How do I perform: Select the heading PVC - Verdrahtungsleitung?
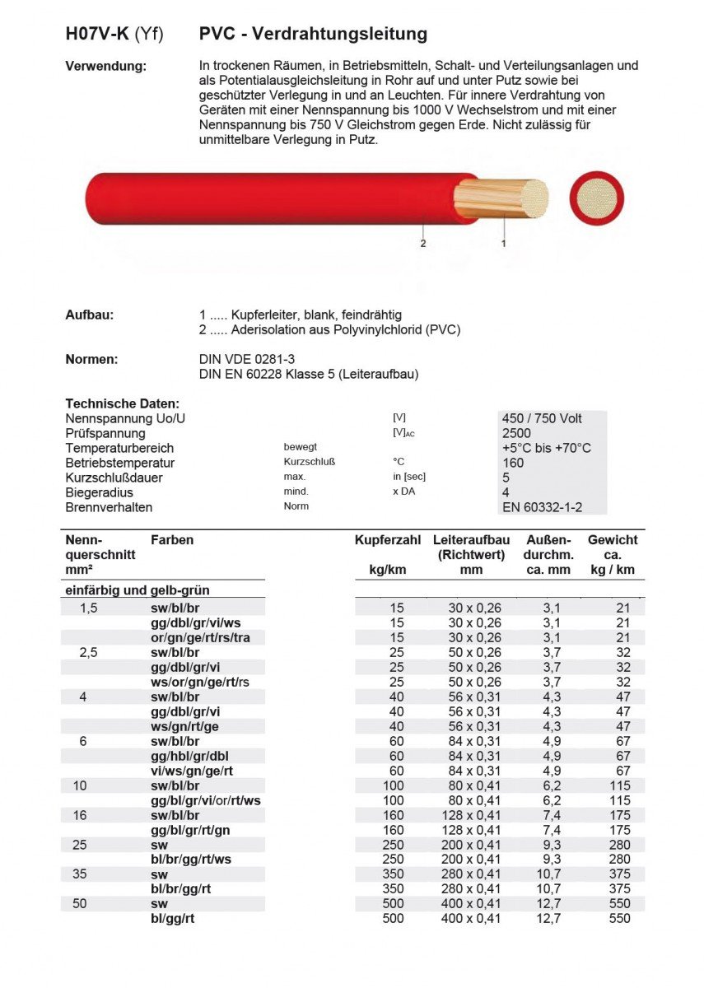pos(313,34)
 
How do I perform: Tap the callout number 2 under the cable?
pos(423,244)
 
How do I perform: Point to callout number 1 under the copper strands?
pos(504,244)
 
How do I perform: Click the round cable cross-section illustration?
pos(597,198)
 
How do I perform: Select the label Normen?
pos(92,359)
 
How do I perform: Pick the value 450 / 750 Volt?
pos(542,418)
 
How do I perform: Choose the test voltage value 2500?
pos(516,433)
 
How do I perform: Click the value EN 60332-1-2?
pos(542,507)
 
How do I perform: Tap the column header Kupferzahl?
pos(388,540)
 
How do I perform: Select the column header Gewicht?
pos(613,540)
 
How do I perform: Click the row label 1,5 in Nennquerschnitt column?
pos(88,608)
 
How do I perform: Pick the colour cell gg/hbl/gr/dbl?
pos(190,756)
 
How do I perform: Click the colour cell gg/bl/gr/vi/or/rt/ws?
pos(206,800)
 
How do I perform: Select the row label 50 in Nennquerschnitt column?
pos(80,904)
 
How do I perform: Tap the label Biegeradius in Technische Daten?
pos(98,492)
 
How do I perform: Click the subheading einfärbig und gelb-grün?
pos(137,590)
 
